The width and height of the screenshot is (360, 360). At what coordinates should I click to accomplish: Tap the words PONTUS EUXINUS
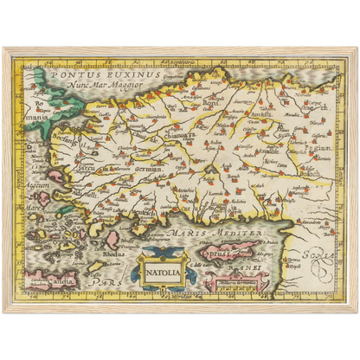click(x=87, y=76)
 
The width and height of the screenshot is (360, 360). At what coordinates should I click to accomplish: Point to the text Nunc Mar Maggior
click(x=103, y=87)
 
